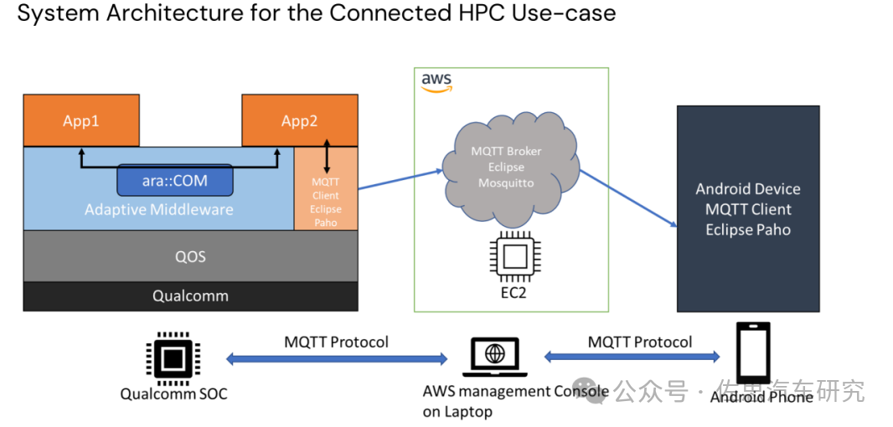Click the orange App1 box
(81, 121)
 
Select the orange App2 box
(299, 121)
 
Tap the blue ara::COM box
(174, 179)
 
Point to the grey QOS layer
(190, 256)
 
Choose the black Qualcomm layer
(190, 296)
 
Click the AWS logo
(436, 81)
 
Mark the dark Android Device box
(748, 209)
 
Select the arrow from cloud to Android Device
(628, 198)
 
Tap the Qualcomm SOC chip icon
(173, 358)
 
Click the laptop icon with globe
(495, 356)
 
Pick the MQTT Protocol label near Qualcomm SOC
(336, 342)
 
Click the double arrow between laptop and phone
(632, 357)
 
